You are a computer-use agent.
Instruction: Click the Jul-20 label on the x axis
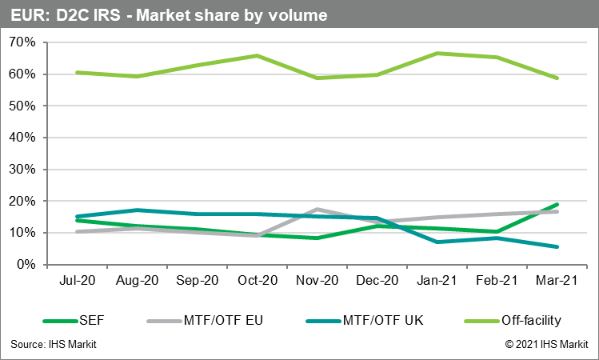pyautogui.click(x=77, y=282)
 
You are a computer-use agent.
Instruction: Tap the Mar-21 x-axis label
pyautogui.click(x=557, y=282)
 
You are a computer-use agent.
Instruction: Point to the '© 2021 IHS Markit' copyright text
pyautogui.click(x=546, y=344)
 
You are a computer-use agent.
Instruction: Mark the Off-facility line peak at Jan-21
pyautogui.click(x=437, y=53)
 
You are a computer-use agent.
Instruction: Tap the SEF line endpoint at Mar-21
pyautogui.click(x=557, y=205)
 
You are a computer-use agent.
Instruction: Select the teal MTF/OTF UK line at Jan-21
pyautogui.click(x=437, y=242)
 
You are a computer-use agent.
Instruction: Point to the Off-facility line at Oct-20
pyautogui.click(x=257, y=55)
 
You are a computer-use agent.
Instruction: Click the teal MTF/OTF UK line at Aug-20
pyautogui.click(x=137, y=210)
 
